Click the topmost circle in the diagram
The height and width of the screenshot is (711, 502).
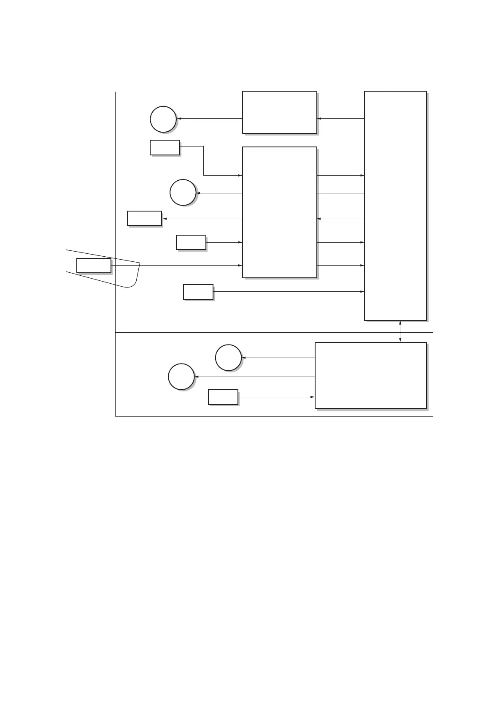tap(163, 119)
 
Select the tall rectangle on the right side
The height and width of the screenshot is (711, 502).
tap(395, 206)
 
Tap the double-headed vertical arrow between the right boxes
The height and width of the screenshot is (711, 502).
tap(400, 331)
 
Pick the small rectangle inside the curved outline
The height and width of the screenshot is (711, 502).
tap(94, 265)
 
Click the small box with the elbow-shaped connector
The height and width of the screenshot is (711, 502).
tap(165, 147)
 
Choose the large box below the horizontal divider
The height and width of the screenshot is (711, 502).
tap(371, 375)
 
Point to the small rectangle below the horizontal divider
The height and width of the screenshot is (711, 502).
tap(223, 397)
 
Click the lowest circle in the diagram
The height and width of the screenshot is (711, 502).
tap(181, 376)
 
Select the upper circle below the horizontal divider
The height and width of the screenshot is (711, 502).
tap(228, 358)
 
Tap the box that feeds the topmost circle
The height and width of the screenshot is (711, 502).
tap(280, 112)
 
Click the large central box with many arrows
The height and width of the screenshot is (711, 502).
tap(280, 212)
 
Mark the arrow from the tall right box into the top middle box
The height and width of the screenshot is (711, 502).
tap(340, 119)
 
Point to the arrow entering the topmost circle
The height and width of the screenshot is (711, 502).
tap(210, 119)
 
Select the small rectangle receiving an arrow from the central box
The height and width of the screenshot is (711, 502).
tap(144, 218)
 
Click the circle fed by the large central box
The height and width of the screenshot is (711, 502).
tap(183, 193)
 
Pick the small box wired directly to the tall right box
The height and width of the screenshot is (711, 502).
tap(198, 292)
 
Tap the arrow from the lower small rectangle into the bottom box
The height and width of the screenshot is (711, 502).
tap(277, 397)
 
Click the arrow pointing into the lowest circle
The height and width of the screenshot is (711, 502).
tap(255, 376)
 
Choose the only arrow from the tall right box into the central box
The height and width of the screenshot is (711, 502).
tap(340, 219)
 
